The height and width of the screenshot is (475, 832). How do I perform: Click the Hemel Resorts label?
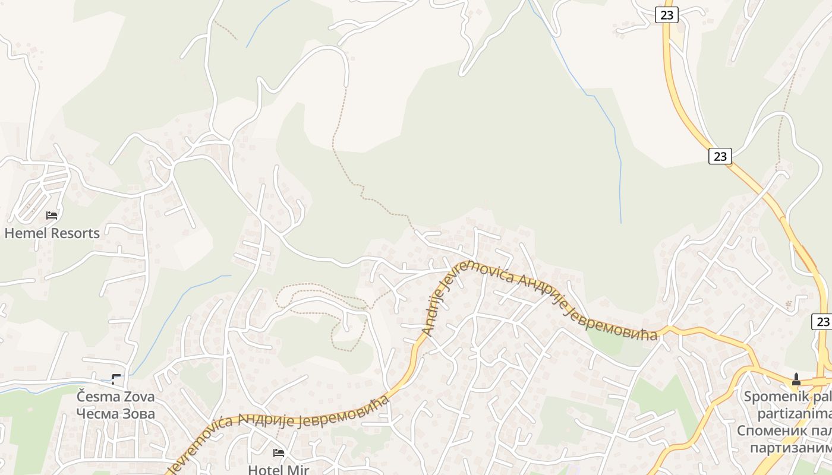[x=52, y=233]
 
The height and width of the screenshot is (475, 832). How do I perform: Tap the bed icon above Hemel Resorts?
[x=52, y=215]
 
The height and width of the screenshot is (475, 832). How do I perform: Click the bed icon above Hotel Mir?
[x=279, y=453]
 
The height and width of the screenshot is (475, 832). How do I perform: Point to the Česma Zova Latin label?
[x=115, y=396]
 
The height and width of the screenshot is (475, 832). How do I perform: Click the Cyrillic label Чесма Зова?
[x=115, y=413]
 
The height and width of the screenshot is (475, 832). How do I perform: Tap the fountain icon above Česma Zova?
[x=116, y=379]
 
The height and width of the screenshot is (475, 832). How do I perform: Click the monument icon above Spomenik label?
[x=796, y=379]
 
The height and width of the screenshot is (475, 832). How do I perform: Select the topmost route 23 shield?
[x=667, y=15]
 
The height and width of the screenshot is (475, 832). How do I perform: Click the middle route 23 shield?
[x=720, y=156]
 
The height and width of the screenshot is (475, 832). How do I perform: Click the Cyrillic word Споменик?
[x=767, y=430]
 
